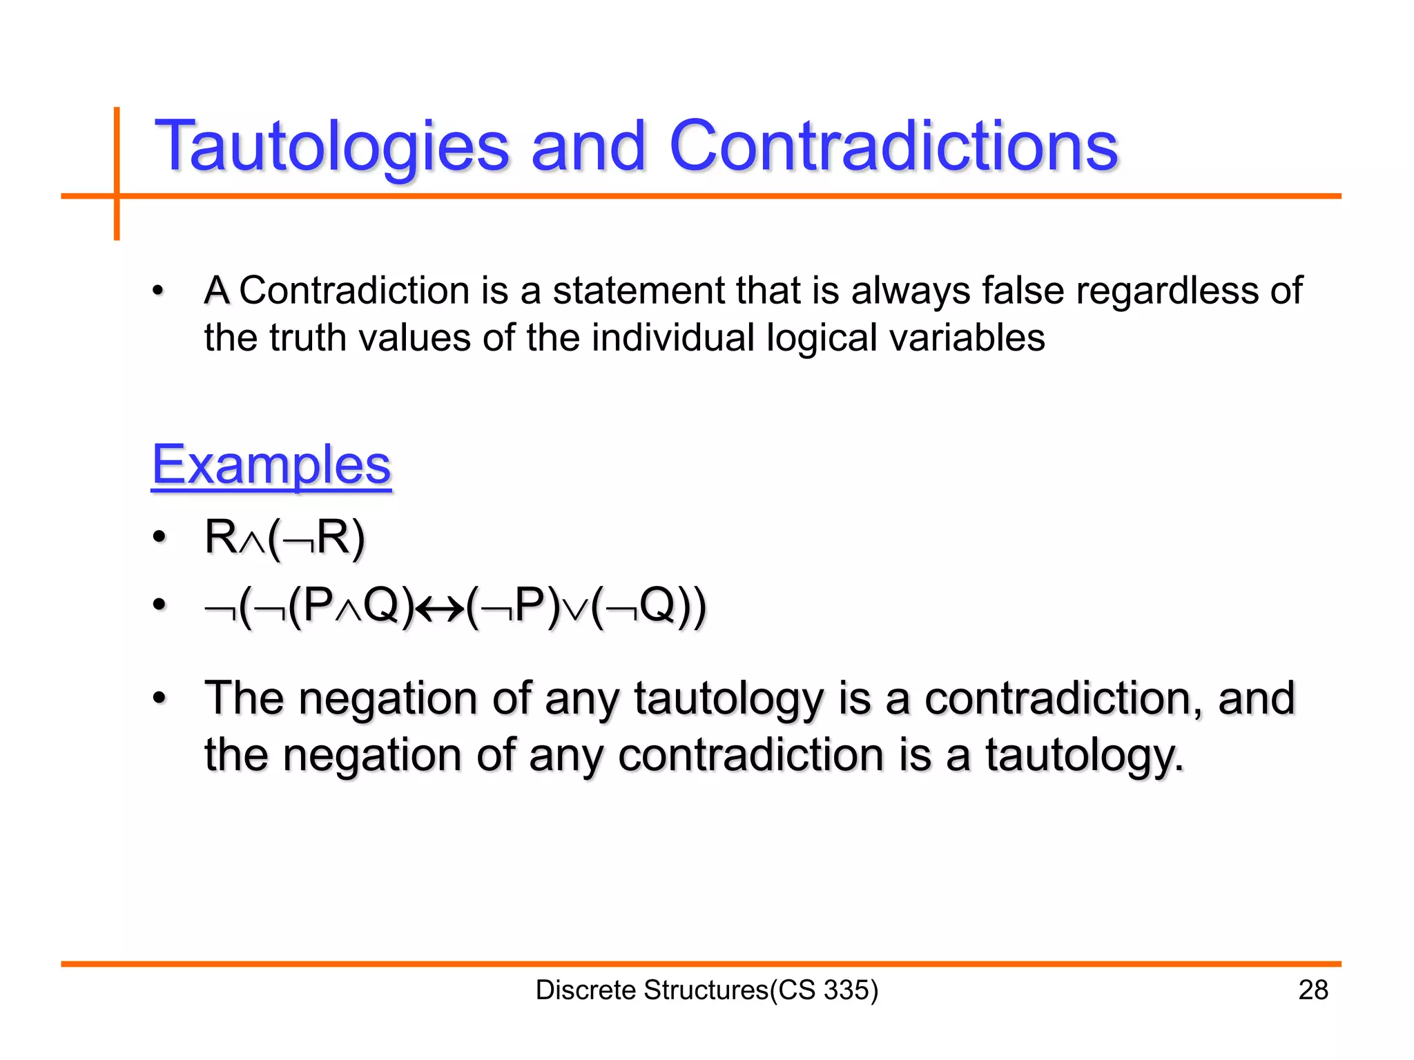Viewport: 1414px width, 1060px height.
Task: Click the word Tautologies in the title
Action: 331,146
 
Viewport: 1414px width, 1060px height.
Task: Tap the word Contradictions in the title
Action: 893,146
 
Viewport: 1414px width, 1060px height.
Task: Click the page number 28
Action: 1313,990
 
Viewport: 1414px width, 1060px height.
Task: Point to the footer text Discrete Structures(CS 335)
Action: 706,990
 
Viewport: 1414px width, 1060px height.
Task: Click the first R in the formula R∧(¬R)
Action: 221,538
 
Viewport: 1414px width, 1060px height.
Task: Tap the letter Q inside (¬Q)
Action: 657,605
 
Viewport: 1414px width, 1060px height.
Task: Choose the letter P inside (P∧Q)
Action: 318,605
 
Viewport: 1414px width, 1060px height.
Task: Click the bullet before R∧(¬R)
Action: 159,538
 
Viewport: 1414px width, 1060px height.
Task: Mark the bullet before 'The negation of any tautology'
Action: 159,698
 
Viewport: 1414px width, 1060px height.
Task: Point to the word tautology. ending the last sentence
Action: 1084,755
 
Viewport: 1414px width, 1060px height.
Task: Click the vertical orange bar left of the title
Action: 117,173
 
